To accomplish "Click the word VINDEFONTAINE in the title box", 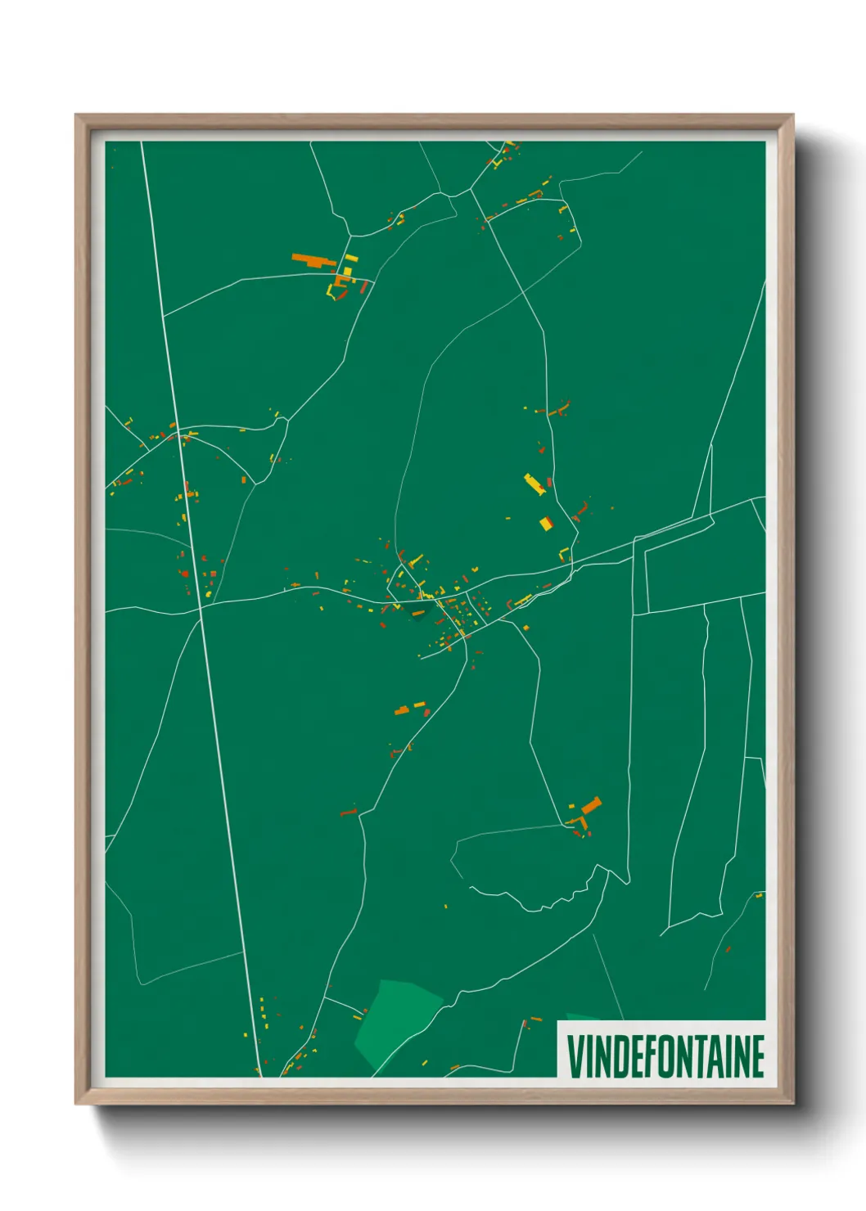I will (665, 1056).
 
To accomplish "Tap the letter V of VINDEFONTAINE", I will (575, 1056).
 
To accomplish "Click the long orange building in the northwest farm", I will (313, 260).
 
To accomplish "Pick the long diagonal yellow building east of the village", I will (534, 484).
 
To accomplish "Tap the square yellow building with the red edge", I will (546, 523).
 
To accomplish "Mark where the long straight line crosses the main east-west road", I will (200, 606).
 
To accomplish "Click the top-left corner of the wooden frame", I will (77, 116).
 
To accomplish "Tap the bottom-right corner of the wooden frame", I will (792, 1103).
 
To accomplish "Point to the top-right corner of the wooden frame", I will (792, 116).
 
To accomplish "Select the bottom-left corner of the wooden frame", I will (77, 1103).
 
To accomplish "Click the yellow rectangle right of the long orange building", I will (350, 258).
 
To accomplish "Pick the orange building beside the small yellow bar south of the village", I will (401, 710).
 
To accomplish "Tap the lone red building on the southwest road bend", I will (349, 813).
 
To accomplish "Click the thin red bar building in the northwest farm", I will (363, 288).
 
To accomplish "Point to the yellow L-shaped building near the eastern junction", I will (563, 553).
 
